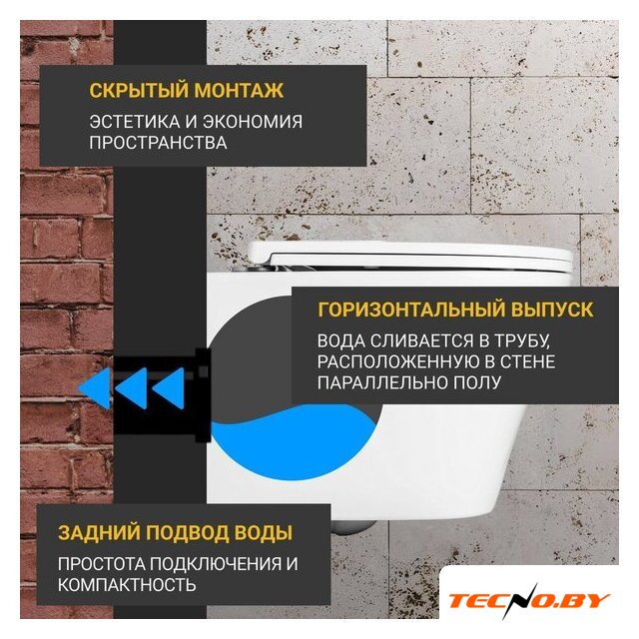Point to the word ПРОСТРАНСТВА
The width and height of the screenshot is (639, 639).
[x=158, y=143]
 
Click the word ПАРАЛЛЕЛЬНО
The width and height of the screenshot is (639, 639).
[x=380, y=382]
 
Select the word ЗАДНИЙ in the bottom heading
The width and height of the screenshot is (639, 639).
[x=99, y=533]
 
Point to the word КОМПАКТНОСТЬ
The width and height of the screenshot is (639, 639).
[x=127, y=585]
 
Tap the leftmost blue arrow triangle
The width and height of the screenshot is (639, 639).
[x=96, y=388]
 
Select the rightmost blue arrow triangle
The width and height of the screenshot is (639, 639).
[x=169, y=388]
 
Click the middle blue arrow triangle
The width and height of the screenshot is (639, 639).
[x=132, y=388]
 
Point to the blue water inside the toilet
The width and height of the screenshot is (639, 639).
[x=293, y=441]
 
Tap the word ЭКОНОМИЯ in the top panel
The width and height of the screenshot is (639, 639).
[x=253, y=122]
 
